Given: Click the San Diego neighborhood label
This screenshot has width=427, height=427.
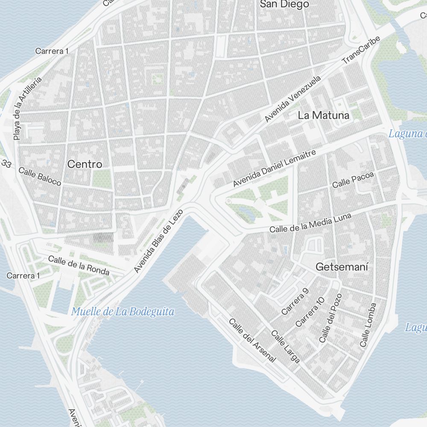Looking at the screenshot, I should [x=284, y=4].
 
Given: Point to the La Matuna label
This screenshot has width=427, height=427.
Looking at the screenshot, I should [x=323, y=115].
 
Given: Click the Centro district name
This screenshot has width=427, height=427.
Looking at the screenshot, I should [x=85, y=164].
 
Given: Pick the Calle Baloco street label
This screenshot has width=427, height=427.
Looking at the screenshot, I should [x=40, y=176].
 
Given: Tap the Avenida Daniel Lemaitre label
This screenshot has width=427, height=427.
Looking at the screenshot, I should [x=274, y=168].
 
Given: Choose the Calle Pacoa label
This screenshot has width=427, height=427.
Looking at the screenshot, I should [x=353, y=181].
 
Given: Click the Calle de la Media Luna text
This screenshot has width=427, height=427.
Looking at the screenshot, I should [x=310, y=222].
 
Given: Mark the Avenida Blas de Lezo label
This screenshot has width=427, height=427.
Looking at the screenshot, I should [x=158, y=240].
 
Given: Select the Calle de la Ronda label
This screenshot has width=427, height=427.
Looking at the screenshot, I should [x=79, y=265].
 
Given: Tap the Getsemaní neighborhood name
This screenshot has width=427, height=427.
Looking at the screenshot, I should [x=342, y=267].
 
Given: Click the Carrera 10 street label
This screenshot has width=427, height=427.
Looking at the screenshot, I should [x=310, y=311].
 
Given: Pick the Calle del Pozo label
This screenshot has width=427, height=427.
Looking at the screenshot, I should [x=330, y=318].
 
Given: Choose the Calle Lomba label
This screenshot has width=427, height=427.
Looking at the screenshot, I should [x=368, y=325].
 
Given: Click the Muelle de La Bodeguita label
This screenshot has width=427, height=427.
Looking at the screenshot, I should [x=123, y=312].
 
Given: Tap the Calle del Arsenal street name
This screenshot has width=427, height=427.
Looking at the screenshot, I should [x=252, y=340].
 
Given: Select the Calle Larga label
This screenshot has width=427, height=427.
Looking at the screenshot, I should [x=286, y=347].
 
